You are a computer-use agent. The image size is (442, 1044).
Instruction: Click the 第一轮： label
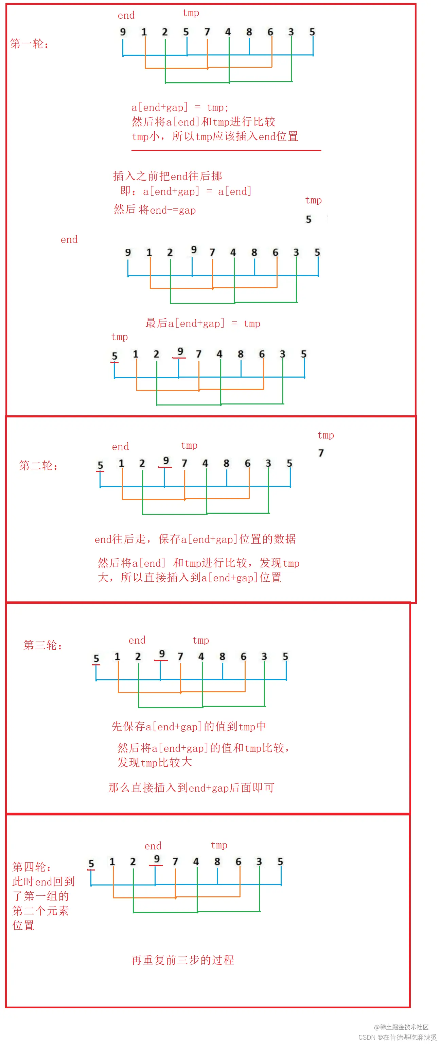29,44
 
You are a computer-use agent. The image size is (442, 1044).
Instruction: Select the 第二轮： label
38,465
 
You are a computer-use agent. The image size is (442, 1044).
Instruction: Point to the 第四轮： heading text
32,866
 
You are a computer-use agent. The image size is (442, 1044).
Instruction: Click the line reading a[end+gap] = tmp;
180,107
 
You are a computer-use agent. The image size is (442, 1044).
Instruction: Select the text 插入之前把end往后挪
167,176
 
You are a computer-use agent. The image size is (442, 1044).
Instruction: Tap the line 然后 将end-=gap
155,210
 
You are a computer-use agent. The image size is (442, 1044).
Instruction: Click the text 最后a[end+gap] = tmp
203,323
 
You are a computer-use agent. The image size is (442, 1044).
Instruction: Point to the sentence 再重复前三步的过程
182,960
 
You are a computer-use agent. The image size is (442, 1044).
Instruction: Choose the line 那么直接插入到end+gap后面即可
191,788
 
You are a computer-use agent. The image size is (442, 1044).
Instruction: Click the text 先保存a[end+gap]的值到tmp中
189,726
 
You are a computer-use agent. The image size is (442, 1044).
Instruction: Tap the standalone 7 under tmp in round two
321,453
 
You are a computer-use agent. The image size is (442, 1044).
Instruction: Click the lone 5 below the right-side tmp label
308,219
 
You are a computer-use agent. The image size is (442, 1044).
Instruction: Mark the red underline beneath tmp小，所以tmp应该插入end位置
226,150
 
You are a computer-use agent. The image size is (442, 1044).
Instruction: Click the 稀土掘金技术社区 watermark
401,1027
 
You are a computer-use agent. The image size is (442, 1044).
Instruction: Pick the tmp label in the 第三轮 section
201,640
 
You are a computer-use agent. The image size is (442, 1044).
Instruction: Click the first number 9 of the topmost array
123,32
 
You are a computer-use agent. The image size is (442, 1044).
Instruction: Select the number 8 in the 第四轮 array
217,861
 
